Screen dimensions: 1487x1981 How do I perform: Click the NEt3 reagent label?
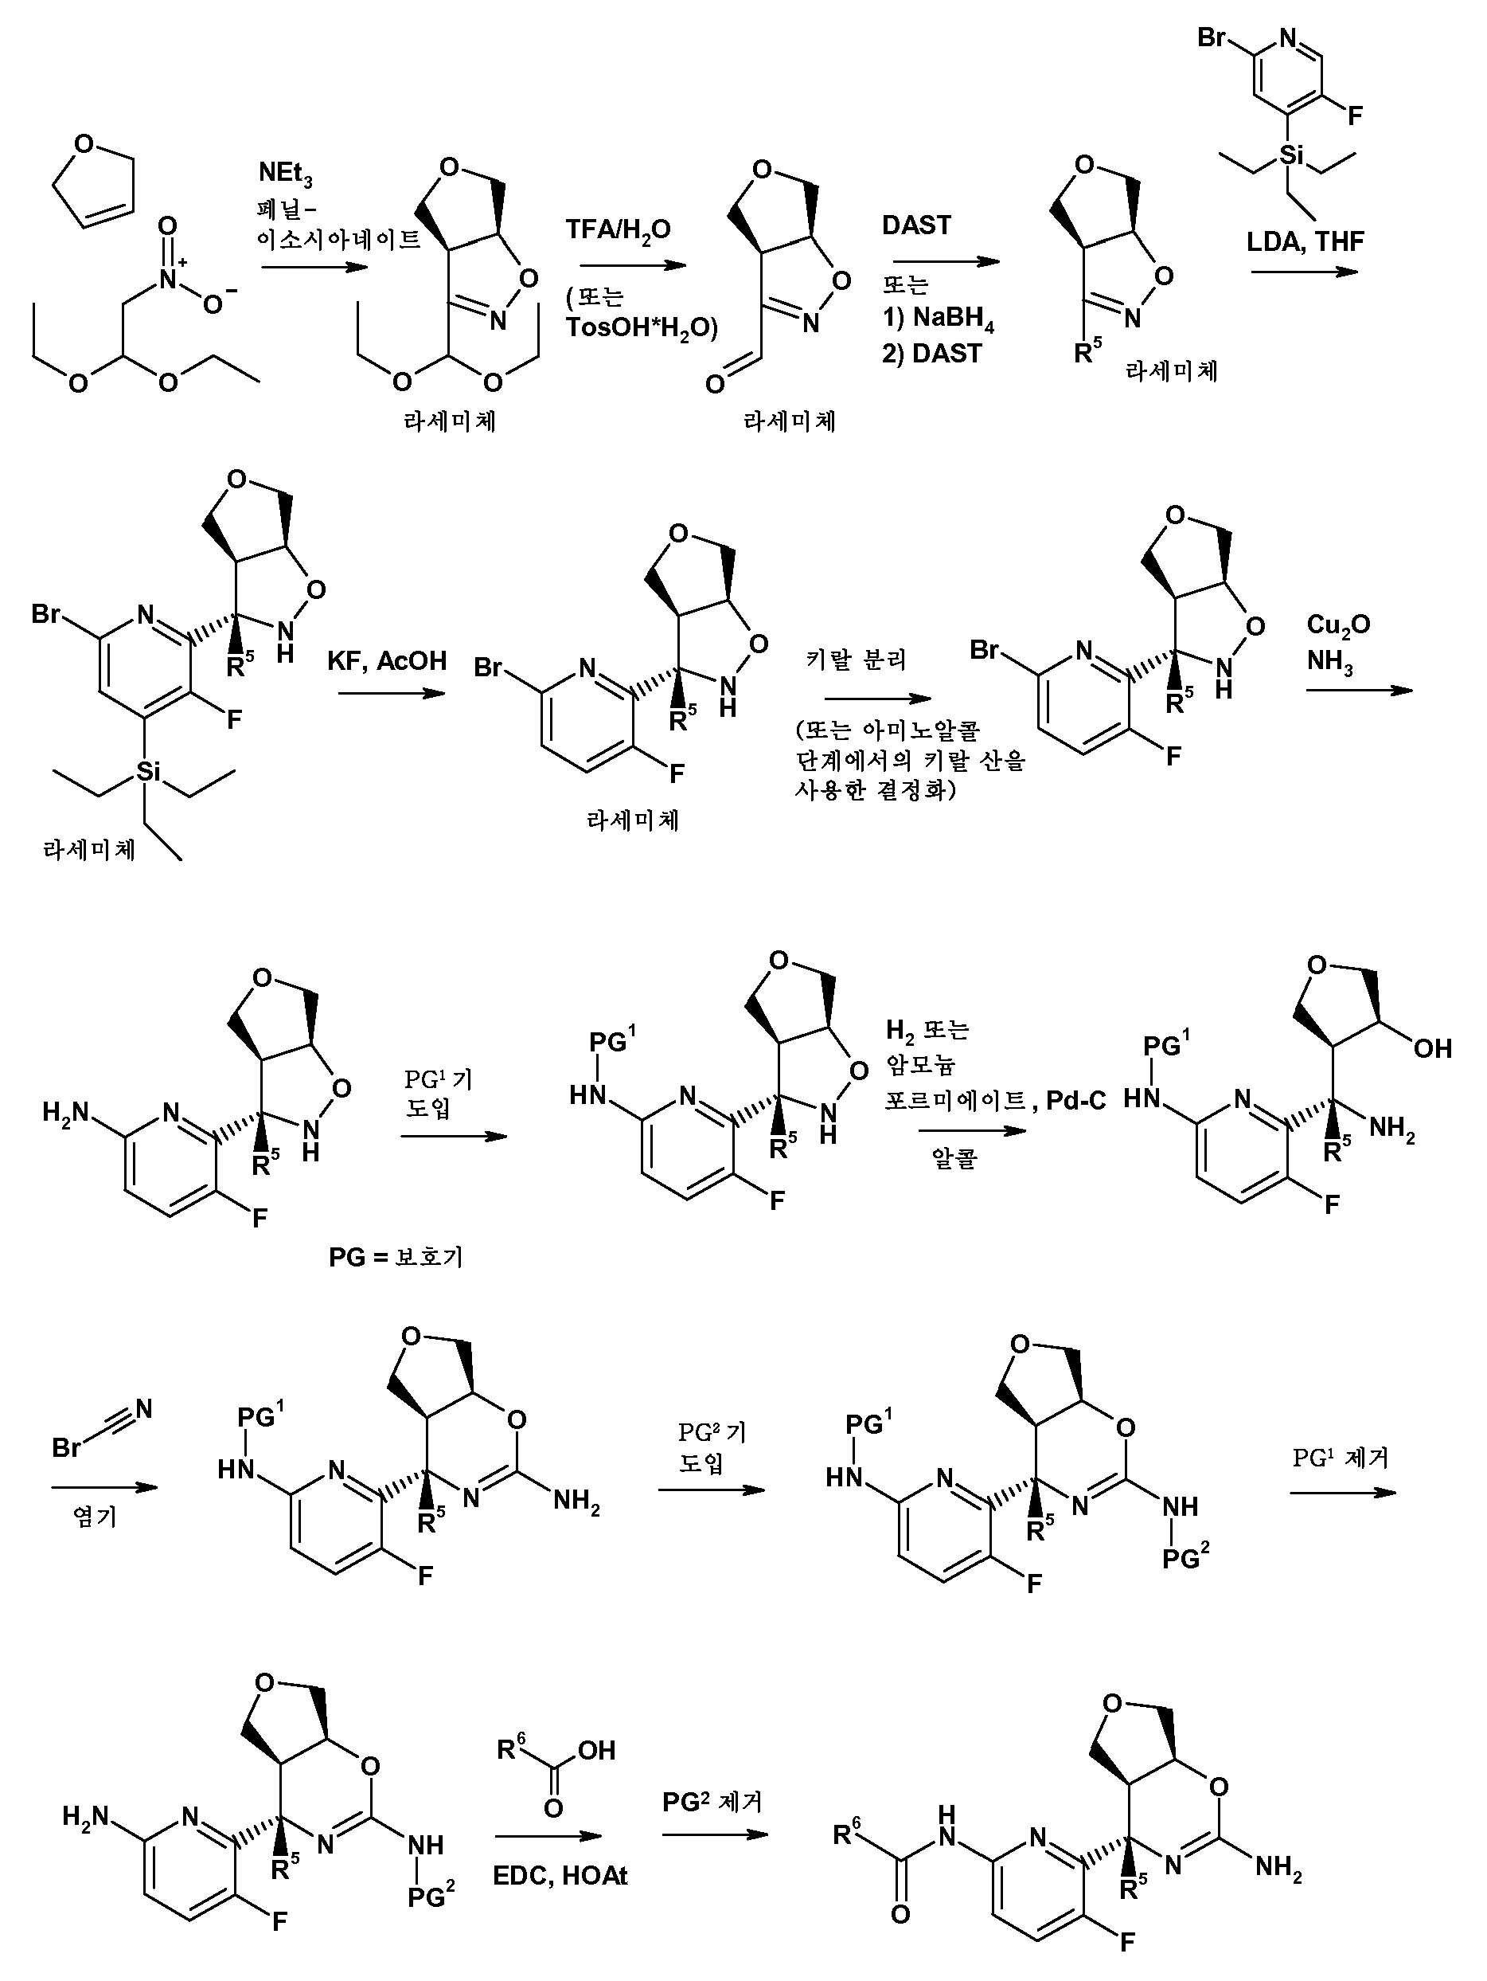click(x=286, y=174)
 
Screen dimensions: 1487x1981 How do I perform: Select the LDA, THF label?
click(x=1306, y=242)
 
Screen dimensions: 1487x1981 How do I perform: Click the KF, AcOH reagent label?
click(x=387, y=661)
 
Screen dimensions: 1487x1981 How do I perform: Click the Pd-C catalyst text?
click(x=1076, y=1101)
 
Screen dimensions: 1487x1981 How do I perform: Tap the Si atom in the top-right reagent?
click(x=1290, y=156)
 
